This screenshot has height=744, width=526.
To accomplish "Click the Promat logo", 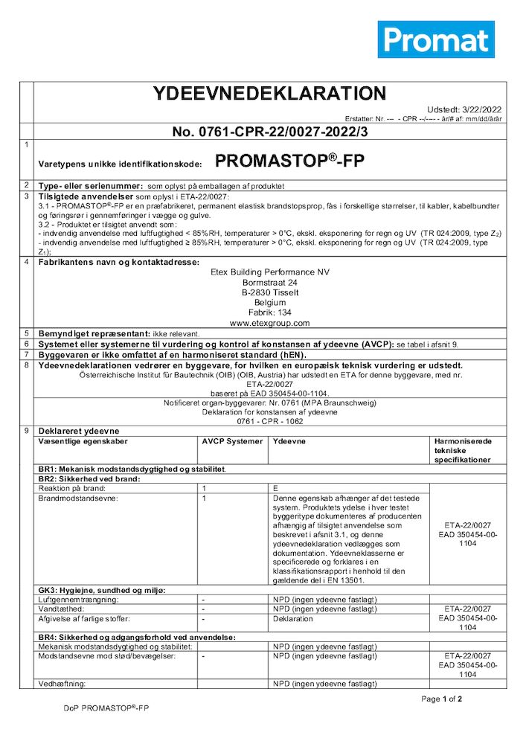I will [435, 39].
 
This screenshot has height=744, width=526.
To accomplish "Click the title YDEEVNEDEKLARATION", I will [269, 94].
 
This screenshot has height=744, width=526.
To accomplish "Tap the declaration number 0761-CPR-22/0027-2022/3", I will [270, 132].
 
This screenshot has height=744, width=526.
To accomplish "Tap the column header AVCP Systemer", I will [232, 441].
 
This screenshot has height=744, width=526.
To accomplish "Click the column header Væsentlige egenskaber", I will [83, 441].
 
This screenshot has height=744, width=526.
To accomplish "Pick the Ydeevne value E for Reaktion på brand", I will [276, 487].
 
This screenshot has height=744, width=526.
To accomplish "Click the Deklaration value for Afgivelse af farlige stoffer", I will [292, 618].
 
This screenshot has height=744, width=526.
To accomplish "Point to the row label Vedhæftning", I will [62, 683].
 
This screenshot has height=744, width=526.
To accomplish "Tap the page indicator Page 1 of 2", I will [441, 699].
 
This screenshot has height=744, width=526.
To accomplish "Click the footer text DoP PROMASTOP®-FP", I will [106, 708].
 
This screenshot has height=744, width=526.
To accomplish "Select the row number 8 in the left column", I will [26, 365].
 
